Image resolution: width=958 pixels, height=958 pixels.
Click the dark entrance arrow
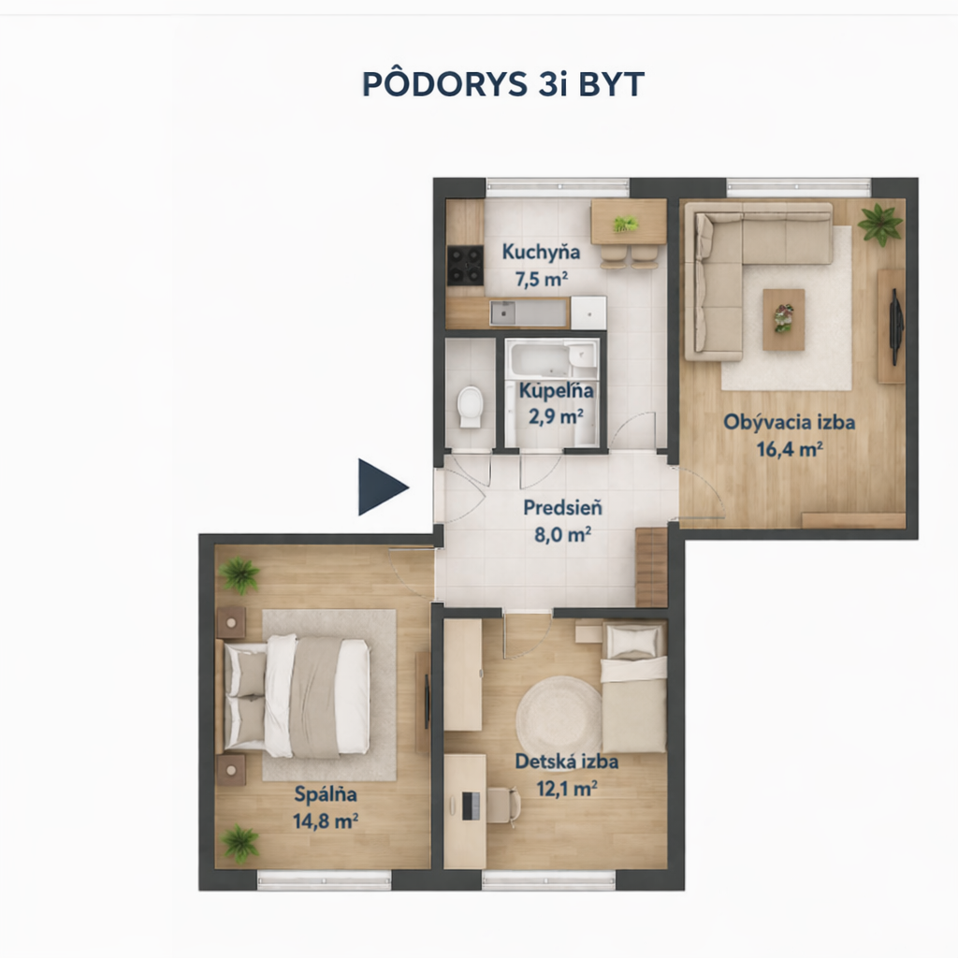pyautogui.click(x=380, y=486)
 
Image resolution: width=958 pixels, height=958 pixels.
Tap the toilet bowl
pyautogui.click(x=471, y=406)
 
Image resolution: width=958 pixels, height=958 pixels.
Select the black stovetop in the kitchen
pyautogui.click(x=466, y=266)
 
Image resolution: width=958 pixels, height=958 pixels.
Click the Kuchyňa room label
pyautogui.click(x=541, y=252)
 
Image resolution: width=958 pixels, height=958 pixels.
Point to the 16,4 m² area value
pyautogui.click(x=790, y=449)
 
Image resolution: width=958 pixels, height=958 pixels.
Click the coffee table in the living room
pyautogui.click(x=783, y=320)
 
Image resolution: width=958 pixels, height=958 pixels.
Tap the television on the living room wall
pyautogui.click(x=895, y=327)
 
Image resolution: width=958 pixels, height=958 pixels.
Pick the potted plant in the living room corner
pyautogui.click(x=879, y=224)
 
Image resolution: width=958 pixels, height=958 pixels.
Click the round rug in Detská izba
pyautogui.click(x=559, y=715)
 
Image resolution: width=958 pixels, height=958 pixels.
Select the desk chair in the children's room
pyautogui.click(x=502, y=806)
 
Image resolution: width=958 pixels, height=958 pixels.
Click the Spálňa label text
pyautogui.click(x=326, y=794)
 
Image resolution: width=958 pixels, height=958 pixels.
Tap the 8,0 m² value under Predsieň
pyautogui.click(x=562, y=534)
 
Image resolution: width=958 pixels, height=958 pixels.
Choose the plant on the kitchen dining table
pyautogui.click(x=626, y=224)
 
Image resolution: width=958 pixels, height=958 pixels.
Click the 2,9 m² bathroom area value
pyautogui.click(x=556, y=416)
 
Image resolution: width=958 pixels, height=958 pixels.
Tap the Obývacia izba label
pyautogui.click(x=790, y=422)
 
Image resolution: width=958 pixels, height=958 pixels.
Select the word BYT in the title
pyautogui.click(x=611, y=84)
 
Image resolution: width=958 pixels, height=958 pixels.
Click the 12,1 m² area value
pyautogui.click(x=567, y=788)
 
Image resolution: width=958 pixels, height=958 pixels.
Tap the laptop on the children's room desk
pyautogui.click(x=471, y=806)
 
